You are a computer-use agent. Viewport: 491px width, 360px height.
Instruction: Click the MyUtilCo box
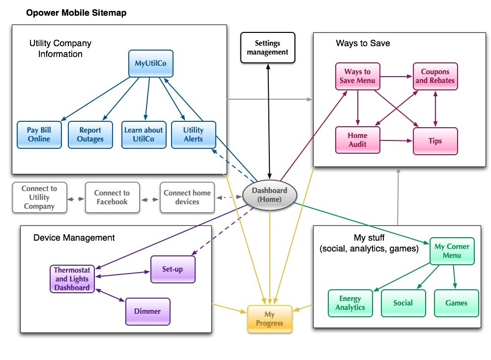[151, 63]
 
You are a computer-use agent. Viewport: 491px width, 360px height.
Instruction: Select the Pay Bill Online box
[39, 135]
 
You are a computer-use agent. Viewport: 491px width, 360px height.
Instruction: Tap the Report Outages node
[90, 135]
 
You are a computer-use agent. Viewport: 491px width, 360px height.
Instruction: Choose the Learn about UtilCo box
[143, 135]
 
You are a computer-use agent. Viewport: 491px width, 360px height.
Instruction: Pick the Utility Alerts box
[193, 135]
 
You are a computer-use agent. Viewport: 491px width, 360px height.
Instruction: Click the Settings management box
[267, 48]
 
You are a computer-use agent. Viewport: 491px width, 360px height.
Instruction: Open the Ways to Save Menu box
[357, 76]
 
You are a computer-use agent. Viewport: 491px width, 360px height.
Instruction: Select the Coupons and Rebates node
[435, 76]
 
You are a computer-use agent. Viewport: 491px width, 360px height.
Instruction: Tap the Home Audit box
[357, 140]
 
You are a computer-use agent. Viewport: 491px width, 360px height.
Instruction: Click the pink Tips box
[435, 141]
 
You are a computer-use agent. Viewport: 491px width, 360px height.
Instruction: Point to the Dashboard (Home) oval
[269, 195]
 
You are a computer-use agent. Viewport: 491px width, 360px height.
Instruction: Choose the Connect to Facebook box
[112, 197]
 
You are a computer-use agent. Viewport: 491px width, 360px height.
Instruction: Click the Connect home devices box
[187, 197]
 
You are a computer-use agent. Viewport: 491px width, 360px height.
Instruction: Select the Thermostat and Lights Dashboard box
[72, 279]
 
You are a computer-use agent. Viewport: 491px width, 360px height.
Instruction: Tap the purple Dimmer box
[147, 311]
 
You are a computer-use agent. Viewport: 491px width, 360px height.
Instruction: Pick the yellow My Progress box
[269, 319]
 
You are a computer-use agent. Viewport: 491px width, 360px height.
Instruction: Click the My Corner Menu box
[452, 251]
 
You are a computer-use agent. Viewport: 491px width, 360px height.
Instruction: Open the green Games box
[456, 303]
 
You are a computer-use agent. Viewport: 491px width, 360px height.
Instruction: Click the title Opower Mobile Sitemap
[76, 13]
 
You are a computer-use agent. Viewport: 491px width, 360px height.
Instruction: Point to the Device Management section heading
[74, 238]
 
